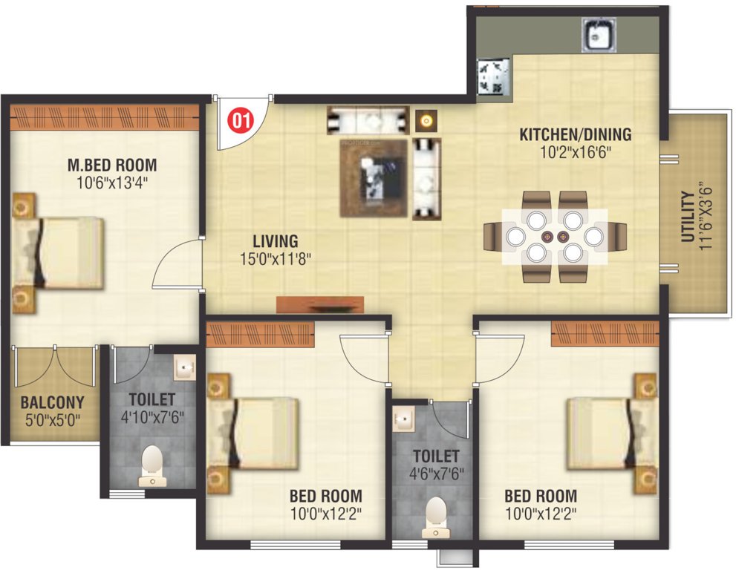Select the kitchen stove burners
point(493,78)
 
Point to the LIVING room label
point(275,241)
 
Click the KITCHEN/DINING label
point(575,135)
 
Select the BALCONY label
point(52,403)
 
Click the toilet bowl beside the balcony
point(152,462)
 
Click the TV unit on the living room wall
point(320,304)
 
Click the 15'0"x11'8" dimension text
point(275,259)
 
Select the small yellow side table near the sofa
point(425,119)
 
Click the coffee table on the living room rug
point(374,178)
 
